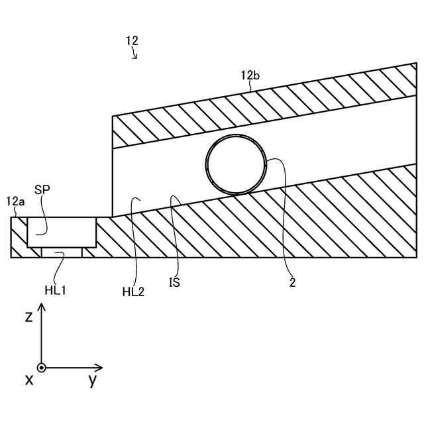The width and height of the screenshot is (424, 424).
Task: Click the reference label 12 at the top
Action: click(x=132, y=40)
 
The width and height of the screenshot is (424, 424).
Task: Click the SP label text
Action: click(x=42, y=189)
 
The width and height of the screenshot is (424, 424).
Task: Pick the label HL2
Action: click(x=132, y=291)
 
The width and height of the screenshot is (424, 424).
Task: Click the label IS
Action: click(x=174, y=282)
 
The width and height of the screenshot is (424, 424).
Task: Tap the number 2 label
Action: click(x=292, y=283)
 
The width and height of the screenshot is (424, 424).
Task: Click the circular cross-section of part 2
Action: click(x=235, y=166)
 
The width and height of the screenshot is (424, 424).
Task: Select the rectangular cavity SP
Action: click(x=62, y=232)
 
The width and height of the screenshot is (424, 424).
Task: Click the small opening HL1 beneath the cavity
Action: click(x=62, y=252)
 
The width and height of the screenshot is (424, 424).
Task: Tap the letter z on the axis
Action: click(x=28, y=317)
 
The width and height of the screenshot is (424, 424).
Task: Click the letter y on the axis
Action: click(x=92, y=380)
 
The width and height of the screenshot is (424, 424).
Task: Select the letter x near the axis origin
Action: click(x=28, y=380)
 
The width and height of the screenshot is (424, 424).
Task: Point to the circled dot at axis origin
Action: click(x=42, y=367)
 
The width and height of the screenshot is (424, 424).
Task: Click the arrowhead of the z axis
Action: click(x=42, y=307)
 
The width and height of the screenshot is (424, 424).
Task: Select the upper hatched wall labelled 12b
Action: click(x=265, y=110)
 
